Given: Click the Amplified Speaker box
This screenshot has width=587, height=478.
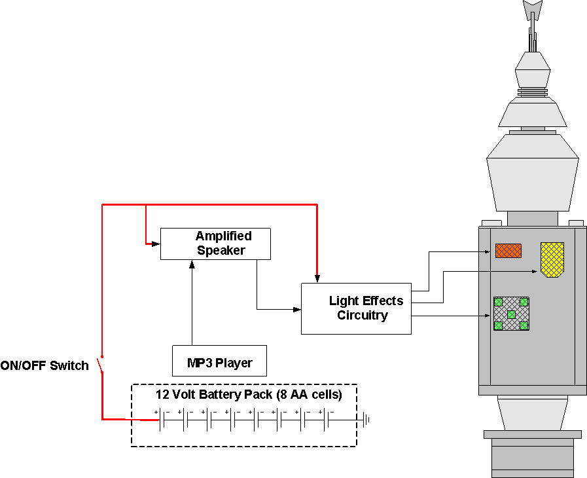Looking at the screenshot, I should [215, 244].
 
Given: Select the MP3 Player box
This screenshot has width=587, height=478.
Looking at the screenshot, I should [219, 362].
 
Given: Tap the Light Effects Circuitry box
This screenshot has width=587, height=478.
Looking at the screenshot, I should [356, 308].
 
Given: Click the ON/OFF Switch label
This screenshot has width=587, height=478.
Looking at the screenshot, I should [44, 366].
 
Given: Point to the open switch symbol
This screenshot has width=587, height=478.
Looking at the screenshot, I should [101, 365].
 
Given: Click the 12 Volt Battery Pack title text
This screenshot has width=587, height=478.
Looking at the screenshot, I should [248, 395].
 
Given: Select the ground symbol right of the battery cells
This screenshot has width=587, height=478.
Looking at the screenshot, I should [368, 420].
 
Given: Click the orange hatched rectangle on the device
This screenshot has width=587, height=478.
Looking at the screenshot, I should [508, 251].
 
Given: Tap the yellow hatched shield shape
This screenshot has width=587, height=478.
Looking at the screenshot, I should [552, 259].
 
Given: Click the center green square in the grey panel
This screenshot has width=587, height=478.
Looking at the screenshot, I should [511, 314].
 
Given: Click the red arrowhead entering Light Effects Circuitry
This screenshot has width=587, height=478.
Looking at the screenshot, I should [317, 279].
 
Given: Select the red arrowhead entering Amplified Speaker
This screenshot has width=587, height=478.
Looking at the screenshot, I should [156, 244].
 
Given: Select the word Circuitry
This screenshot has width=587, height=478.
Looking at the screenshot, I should [363, 316].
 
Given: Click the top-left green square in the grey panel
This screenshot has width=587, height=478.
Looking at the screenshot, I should [498, 302].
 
